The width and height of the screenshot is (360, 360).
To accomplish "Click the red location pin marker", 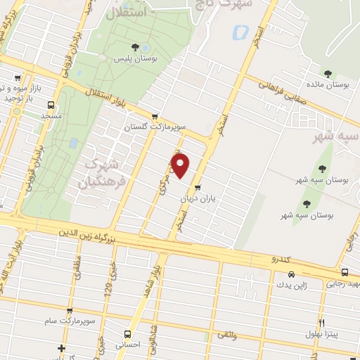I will point(181,166).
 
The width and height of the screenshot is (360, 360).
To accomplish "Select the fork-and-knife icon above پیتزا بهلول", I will point(321,323).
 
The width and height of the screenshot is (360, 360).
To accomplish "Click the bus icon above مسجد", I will point(51,102).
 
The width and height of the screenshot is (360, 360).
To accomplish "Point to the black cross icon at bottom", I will point(62,349).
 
